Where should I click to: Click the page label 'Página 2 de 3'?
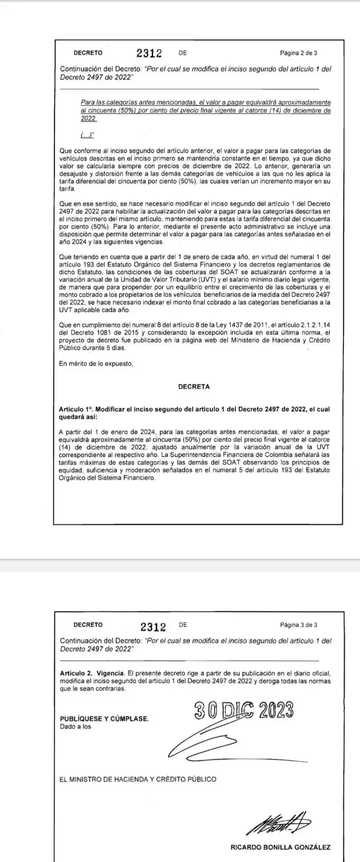pos(298,53)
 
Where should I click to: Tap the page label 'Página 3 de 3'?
pos(298,625)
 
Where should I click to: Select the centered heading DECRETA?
pos(194,386)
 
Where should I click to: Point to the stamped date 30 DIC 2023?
pos(244,711)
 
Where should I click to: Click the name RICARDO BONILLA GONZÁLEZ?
pos(280,847)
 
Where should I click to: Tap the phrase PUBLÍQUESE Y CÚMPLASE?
pos(105,719)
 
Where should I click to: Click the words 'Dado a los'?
pos(75,726)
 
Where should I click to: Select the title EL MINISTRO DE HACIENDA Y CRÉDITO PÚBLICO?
pos(138,779)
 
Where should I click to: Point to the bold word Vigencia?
pos(110,673)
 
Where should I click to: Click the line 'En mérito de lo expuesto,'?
pos(96,364)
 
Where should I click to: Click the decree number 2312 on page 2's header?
pos(149,53)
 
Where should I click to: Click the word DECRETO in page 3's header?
pos(88,625)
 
